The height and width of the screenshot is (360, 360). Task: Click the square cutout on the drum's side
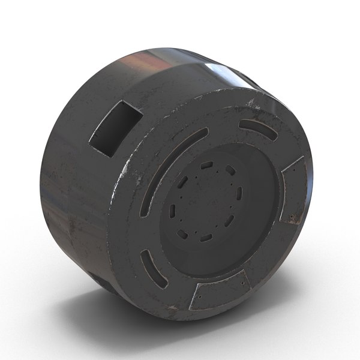pos(115,128)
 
